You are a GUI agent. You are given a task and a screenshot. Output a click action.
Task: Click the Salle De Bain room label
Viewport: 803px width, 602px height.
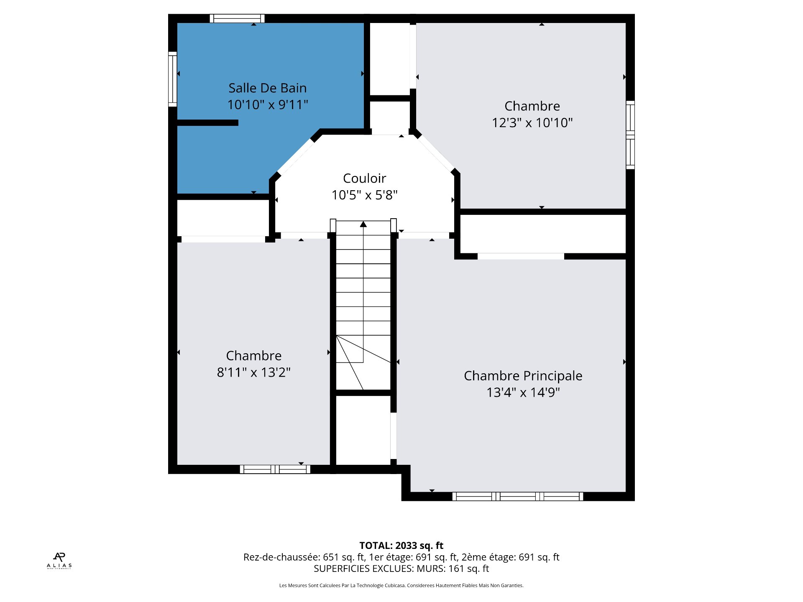tap(268, 88)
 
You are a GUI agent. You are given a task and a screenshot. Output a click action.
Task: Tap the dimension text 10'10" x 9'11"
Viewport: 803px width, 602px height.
tap(268, 105)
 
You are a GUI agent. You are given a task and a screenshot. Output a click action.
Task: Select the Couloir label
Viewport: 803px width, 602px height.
tap(364, 179)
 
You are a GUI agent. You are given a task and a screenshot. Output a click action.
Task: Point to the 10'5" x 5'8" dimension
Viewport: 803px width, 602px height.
tap(364, 195)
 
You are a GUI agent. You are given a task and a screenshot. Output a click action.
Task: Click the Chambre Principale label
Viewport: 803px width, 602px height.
tap(523, 376)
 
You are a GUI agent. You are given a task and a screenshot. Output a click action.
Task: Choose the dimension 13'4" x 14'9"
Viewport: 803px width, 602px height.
tap(523, 392)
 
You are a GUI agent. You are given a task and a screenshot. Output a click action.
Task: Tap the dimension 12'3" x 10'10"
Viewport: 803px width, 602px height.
tap(532, 122)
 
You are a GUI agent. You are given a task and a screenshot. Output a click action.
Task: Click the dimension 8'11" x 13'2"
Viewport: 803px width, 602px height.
tap(253, 372)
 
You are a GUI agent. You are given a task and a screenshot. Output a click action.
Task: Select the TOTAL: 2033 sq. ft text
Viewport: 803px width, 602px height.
tap(401, 546)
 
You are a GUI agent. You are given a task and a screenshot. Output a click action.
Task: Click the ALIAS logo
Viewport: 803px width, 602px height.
tap(59, 561)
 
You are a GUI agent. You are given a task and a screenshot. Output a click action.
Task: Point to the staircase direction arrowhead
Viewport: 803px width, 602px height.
tap(363, 224)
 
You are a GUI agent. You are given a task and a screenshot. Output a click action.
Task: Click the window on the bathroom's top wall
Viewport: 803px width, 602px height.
tap(237, 18)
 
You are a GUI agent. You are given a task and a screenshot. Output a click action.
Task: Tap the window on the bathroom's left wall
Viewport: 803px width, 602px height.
tap(172, 79)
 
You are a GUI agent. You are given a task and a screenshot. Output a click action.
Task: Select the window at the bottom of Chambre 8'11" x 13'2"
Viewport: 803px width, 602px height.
tap(275, 469)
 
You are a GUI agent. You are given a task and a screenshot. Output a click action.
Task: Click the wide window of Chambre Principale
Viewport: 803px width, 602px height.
tap(518, 497)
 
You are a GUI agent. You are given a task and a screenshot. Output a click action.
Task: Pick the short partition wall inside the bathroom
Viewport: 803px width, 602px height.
tap(207, 123)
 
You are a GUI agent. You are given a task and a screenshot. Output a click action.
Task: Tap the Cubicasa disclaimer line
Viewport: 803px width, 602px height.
tap(401, 586)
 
